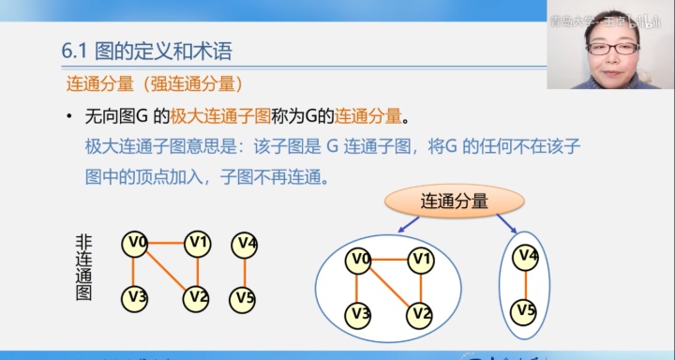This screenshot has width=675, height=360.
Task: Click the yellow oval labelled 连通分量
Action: click(x=454, y=199)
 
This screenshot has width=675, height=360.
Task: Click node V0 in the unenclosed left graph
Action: click(x=136, y=244)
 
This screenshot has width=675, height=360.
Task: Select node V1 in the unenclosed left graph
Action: click(x=197, y=244)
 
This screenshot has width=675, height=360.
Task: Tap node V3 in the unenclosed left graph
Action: click(x=136, y=298)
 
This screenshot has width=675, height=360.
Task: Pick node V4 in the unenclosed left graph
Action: click(x=245, y=244)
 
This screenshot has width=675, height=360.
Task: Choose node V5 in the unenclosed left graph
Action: click(x=245, y=298)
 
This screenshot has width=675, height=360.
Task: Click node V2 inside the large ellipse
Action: click(x=421, y=313)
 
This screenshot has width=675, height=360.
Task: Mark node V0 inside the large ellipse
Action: click(x=359, y=259)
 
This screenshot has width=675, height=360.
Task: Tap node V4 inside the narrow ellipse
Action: click(x=527, y=255)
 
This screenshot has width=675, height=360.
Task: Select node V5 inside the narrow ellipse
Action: click(x=527, y=309)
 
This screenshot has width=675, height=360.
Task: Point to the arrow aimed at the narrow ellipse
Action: click(x=506, y=223)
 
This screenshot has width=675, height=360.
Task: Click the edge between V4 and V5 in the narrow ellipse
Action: click(x=527, y=282)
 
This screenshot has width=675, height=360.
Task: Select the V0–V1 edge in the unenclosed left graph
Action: click(x=166, y=244)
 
